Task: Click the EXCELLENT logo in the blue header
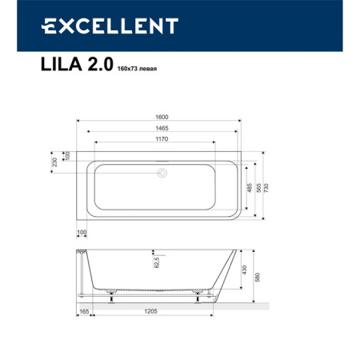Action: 109,26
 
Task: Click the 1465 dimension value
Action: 163,128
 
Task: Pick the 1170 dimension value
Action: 163,138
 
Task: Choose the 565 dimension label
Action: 258,186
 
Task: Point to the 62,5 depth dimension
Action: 157,261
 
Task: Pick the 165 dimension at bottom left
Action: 84,312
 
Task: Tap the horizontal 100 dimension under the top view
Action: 82,232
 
